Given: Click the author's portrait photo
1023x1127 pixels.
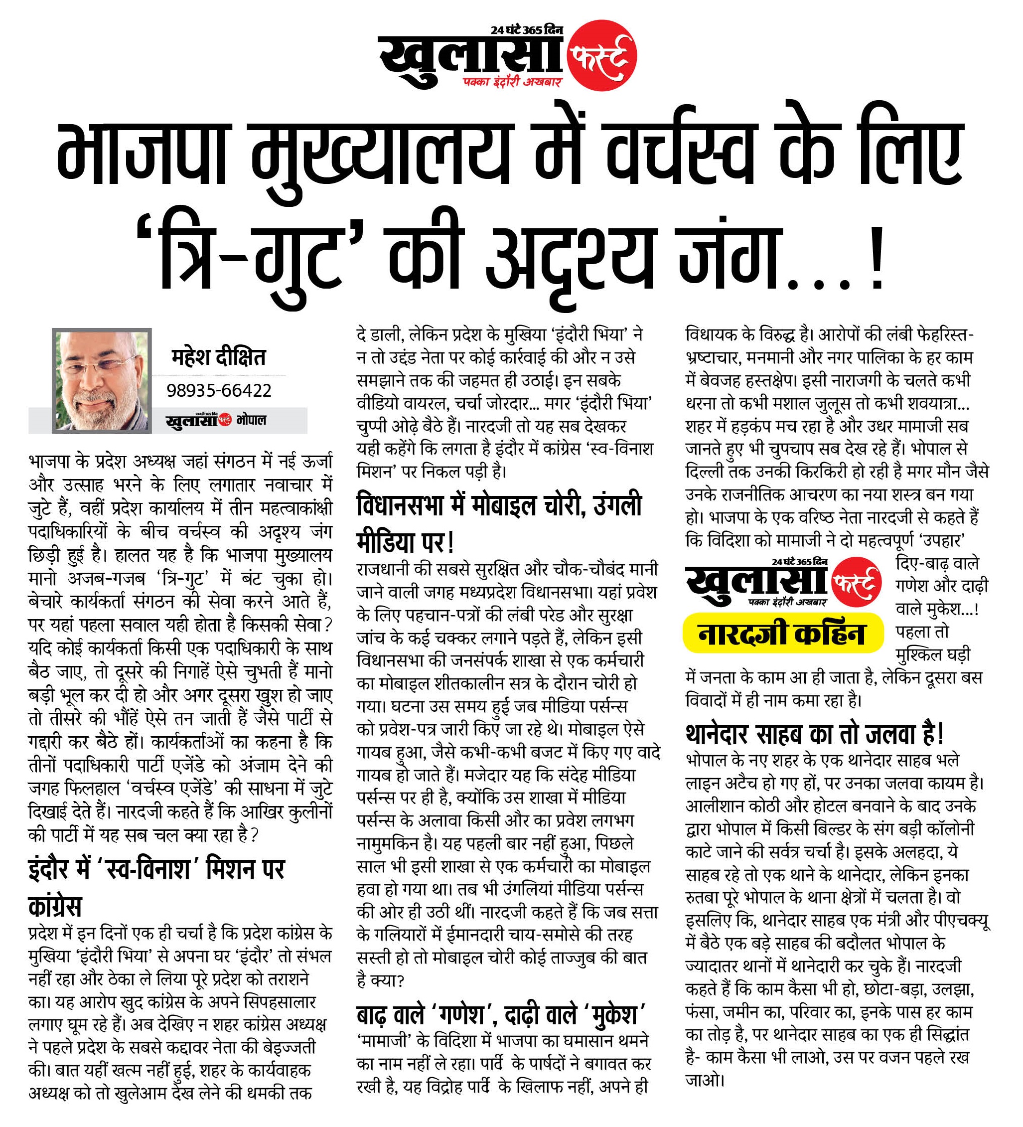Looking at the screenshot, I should click(102, 381).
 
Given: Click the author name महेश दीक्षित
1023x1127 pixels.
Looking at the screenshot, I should click(218, 357).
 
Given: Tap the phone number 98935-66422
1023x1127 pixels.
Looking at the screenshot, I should click(219, 390).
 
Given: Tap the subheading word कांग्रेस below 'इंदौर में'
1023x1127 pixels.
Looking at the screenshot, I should click(55, 906).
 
